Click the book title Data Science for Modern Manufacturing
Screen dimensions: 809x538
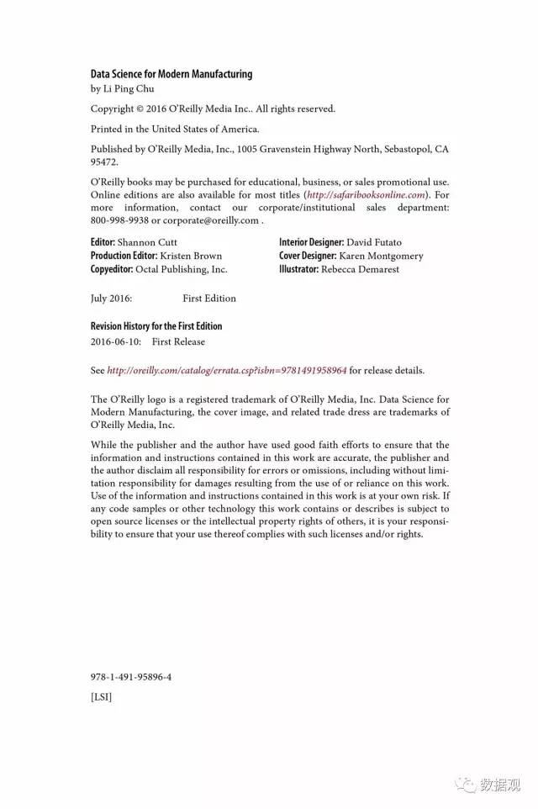(x=171, y=74)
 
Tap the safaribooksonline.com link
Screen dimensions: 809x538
(x=367, y=194)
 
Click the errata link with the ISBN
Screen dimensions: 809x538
(x=227, y=370)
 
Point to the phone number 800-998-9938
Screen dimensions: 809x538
(x=119, y=220)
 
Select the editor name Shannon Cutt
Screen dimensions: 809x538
(x=147, y=242)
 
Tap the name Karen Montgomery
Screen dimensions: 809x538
(x=381, y=256)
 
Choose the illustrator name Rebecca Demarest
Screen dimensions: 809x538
(x=360, y=269)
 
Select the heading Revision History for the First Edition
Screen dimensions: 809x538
(x=156, y=326)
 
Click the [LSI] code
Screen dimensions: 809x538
(x=101, y=696)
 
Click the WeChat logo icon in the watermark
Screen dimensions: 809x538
(x=465, y=784)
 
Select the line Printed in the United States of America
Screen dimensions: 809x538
(x=175, y=129)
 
